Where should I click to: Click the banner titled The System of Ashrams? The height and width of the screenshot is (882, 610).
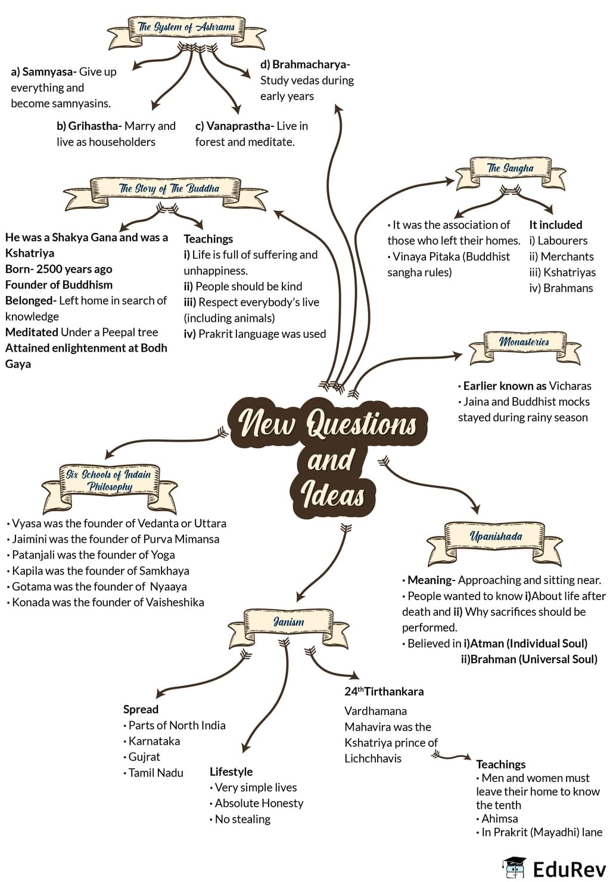pyautogui.click(x=186, y=27)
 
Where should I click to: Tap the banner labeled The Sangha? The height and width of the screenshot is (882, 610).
pyautogui.click(x=510, y=169)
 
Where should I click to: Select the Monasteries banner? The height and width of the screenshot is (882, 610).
pyautogui.click(x=524, y=343)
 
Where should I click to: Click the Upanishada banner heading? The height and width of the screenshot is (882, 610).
pyautogui.click(x=496, y=537)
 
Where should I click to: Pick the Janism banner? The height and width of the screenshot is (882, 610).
pyautogui.click(x=288, y=622)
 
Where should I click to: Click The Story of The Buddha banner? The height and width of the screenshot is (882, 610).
pyautogui.click(x=169, y=189)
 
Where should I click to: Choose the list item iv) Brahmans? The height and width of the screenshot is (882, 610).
pyautogui.click(x=561, y=288)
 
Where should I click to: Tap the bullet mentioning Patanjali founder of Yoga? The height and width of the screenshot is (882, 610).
pyautogui.click(x=93, y=555)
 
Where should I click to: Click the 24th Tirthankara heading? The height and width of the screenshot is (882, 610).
pyautogui.click(x=384, y=692)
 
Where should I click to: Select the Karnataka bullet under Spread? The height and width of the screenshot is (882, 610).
pyautogui.click(x=154, y=741)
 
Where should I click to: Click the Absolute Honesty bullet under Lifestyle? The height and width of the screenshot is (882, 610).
pyautogui.click(x=259, y=803)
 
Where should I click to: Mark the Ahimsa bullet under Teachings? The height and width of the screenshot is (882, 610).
pyautogui.click(x=499, y=819)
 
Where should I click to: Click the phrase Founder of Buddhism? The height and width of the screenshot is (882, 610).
pyautogui.click(x=59, y=285)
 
